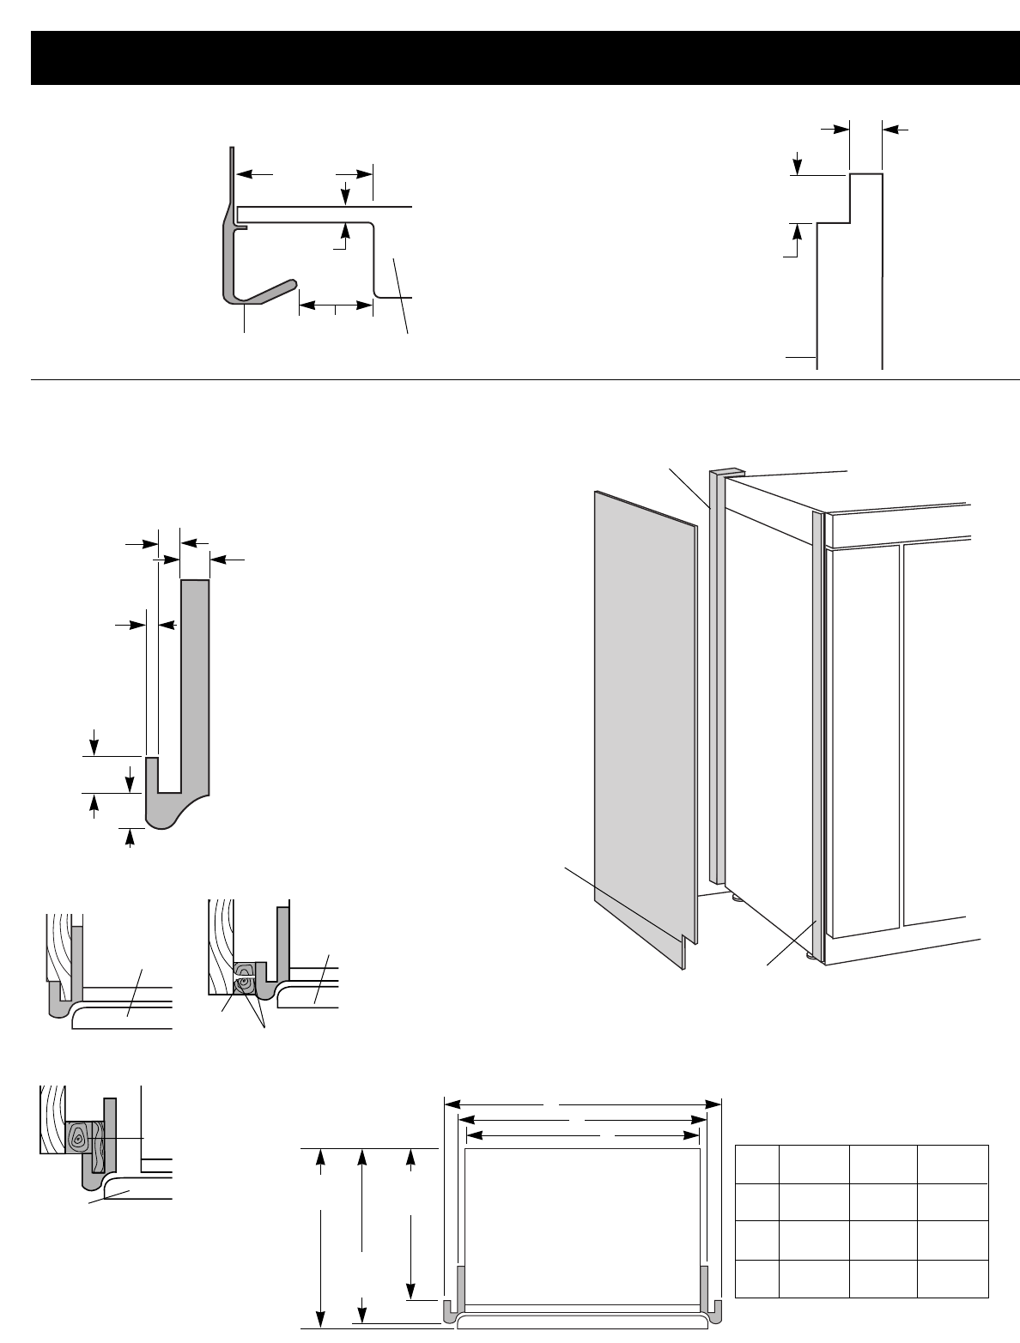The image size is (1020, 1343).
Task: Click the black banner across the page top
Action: click(510, 57)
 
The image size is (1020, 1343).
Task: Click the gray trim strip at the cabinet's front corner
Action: click(817, 729)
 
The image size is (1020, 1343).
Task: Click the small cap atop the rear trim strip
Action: click(726, 472)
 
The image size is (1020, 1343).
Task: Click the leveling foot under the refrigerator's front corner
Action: click(810, 953)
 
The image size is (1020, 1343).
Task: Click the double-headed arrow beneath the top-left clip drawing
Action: click(336, 304)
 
